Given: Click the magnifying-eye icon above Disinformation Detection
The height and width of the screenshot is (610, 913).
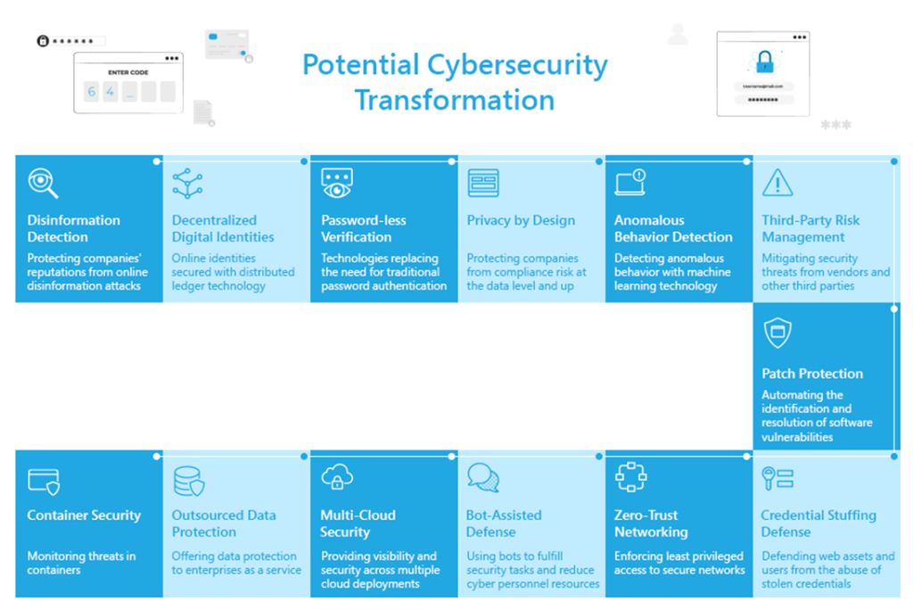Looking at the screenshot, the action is coord(43,183).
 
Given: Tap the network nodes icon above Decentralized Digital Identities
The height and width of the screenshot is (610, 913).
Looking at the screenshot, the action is coord(187,183).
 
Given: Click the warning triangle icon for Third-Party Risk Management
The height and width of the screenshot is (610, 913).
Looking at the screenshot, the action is coord(777,182).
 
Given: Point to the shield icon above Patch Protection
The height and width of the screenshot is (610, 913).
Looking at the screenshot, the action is coord(777,333).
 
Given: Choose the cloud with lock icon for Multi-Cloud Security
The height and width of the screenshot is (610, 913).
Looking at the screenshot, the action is coord(336,476).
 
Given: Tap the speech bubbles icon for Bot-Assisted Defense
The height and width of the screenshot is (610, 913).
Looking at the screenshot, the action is coord(483,478).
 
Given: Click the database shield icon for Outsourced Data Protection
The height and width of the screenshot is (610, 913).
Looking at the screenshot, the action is coord(189,481).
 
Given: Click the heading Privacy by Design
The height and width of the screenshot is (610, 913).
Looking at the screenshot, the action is coord(521,220).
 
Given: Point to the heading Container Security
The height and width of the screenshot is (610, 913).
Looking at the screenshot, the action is coord(84,515).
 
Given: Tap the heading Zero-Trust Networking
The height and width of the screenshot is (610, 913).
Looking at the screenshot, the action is coord(651,523).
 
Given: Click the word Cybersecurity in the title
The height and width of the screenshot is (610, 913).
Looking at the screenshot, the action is coord(517,65).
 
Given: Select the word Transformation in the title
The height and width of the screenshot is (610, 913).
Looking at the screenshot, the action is coord(454,100).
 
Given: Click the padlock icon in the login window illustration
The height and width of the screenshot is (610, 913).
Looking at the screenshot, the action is coord(764,62).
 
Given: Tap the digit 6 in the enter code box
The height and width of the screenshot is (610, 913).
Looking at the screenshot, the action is coord(92,92).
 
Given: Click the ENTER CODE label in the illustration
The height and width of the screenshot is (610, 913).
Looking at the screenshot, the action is coord(128,72).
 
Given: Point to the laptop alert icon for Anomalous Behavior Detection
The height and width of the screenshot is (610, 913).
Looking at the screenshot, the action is coord(630,182).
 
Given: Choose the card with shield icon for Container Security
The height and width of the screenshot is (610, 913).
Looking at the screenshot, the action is coord(44,482).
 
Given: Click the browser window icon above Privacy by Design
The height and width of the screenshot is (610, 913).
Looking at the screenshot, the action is coord(483,183).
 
